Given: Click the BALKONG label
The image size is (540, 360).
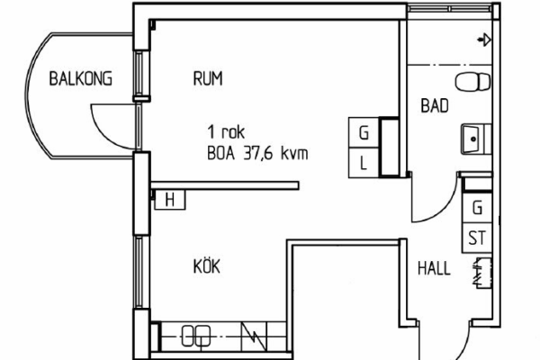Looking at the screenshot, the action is tap(81, 78).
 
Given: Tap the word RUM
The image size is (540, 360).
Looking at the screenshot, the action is tap(208, 78).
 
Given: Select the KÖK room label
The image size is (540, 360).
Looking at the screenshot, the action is tap(207, 266).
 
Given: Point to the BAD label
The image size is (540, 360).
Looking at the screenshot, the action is tap(435, 106).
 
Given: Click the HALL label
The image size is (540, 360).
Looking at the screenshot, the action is tap(434, 268).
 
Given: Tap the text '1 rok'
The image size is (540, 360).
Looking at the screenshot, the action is tap(226, 131).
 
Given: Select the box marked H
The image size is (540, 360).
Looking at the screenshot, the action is tap(170, 200).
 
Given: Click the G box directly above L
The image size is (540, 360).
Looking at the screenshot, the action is tap(364, 132).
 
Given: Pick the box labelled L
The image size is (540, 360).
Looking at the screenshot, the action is tap(364, 163).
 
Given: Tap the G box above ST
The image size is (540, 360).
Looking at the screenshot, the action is tap(477, 208).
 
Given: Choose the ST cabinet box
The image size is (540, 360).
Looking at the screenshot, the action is tap(477, 238).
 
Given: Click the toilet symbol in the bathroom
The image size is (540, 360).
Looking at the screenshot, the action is tap(472, 82).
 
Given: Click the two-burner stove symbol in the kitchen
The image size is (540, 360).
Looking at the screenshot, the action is tap(196, 336).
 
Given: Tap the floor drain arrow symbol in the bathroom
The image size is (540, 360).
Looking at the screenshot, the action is tap(484, 40).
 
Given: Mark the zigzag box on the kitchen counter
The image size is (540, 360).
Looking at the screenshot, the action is tap(254, 337).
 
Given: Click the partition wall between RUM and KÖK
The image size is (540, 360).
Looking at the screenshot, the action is tap(224, 185).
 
